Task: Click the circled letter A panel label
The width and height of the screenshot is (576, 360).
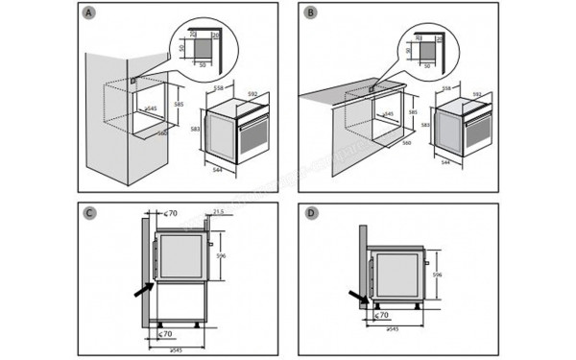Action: (x=89, y=13)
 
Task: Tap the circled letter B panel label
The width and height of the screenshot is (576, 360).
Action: (x=309, y=13)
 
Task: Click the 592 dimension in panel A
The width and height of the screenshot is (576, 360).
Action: (x=252, y=94)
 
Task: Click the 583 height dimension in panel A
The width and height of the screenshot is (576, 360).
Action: (x=195, y=129)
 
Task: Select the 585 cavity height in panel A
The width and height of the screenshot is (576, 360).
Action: (x=178, y=105)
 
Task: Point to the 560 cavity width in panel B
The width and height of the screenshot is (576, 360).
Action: (x=407, y=142)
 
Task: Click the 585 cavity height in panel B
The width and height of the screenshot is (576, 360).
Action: (x=413, y=112)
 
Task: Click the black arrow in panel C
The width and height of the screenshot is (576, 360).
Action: (x=141, y=286)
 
